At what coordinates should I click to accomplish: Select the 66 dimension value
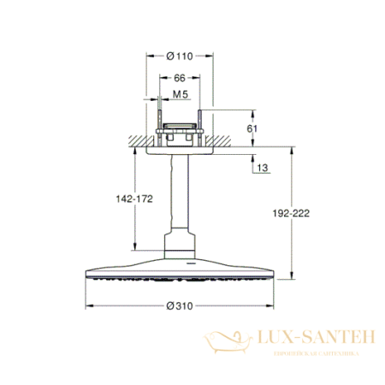point(179,78)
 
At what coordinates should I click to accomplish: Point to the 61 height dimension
point(264,129)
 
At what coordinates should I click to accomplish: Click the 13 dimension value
point(262,169)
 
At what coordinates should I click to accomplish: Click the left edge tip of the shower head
point(86,275)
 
